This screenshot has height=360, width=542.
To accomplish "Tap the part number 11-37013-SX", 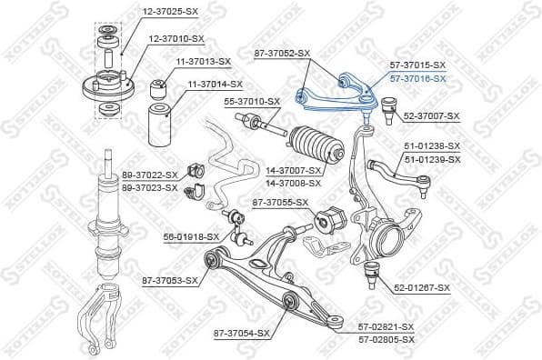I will tap(203, 61).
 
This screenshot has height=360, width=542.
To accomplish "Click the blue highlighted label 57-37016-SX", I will tap(417, 79).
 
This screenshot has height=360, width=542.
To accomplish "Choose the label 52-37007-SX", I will tap(432, 116).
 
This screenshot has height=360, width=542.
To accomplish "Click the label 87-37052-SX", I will tap(282, 53).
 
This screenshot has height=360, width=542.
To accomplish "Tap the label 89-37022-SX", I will tap(150, 175).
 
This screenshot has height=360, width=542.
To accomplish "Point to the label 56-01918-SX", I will tap(191, 236).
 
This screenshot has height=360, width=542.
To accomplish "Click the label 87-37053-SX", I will tap(169, 280).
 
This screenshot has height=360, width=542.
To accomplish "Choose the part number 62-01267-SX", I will tap(422, 288).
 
